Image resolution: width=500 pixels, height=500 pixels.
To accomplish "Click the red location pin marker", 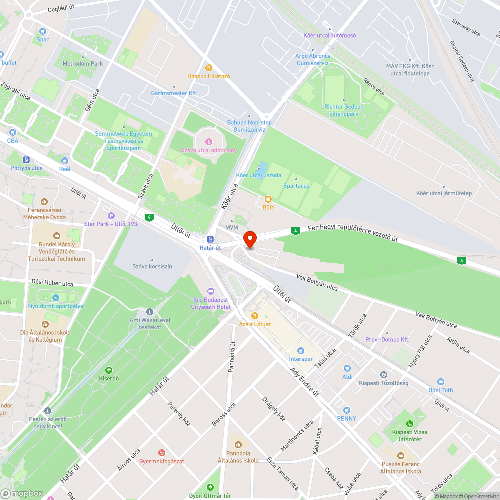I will point(249,239).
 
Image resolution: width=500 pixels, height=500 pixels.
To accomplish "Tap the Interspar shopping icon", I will point(300,351).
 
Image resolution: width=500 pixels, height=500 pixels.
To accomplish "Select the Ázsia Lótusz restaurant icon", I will point(255,315).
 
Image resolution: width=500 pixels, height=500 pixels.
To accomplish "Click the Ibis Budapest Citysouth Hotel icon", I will point(210,291).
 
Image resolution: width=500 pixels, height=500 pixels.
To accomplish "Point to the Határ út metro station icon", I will point(210,239).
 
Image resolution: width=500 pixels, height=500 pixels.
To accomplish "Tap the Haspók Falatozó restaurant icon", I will point(208,68).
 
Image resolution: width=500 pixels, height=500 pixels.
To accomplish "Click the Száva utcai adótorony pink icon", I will point(208,142).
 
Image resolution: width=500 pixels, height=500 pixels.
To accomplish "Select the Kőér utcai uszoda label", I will point(258,175).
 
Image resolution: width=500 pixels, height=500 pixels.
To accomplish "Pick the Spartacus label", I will point(296,186).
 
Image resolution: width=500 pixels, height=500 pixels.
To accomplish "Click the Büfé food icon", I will point(268,199).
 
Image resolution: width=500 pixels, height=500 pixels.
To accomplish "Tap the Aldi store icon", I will point(347,368).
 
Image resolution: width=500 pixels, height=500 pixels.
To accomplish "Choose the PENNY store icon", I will point(346,410).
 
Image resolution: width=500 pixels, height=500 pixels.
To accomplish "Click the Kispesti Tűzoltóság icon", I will point(383,375).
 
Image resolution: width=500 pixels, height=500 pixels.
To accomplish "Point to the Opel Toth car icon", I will point(440,382).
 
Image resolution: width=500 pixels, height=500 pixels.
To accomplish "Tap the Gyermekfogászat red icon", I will point(161,452).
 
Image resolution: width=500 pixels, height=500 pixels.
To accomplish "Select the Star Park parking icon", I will point(104,215).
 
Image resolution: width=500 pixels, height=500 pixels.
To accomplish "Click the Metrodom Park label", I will point(82,64).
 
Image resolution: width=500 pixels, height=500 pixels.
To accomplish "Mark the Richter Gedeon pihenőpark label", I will point(344,110).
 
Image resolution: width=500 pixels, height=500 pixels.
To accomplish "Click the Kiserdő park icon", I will point(109,370).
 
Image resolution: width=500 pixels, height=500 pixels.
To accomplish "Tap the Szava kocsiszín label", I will point(152,266).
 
